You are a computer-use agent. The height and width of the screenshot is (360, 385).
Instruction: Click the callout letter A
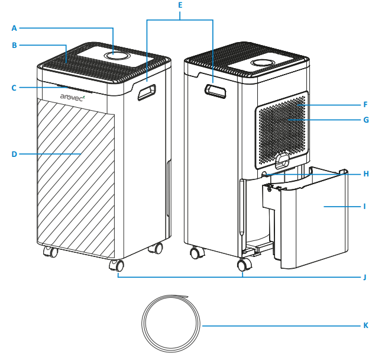14,27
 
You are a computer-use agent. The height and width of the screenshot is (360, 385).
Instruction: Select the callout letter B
14,44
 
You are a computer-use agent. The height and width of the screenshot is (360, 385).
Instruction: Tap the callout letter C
14,88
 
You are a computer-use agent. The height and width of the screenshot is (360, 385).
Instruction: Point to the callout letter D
14,154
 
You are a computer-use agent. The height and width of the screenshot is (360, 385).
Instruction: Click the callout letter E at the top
180,5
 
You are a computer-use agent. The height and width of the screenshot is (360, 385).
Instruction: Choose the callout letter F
366,104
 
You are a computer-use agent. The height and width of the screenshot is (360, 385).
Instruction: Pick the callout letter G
366,120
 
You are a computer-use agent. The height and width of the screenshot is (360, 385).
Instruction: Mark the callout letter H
366,174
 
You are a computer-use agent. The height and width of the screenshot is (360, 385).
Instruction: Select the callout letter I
366,207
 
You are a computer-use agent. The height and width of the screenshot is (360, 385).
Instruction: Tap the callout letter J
366,277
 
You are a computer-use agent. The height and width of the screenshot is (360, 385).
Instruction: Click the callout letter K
366,326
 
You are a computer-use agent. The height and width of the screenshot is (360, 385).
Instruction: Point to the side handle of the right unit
216,91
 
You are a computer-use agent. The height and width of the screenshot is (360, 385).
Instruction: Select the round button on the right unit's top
261,63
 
